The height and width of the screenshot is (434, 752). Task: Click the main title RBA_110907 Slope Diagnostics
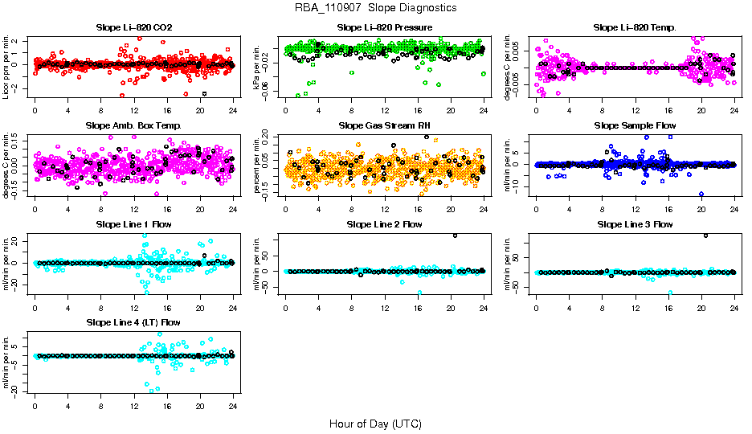pos(376,7)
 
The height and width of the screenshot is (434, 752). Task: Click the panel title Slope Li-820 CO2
pos(133,27)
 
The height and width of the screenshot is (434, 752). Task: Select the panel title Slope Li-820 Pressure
pos(385,27)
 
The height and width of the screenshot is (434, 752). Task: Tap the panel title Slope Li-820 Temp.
pos(635,27)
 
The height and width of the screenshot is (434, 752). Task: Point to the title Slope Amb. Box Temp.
pos(133,125)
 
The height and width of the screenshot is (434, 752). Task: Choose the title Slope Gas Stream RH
pos(385,125)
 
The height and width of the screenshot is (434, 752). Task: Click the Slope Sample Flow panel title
pos(635,125)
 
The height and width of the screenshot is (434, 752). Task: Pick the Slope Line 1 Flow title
pos(133,224)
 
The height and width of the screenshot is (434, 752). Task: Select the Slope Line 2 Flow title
pos(385,224)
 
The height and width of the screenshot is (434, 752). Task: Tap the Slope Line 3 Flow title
pos(635,224)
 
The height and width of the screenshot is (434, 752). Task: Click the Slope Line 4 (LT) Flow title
pos(133,322)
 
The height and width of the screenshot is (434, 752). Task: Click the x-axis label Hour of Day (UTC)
pos(375,424)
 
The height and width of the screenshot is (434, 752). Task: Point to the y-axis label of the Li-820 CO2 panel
pos(6,66)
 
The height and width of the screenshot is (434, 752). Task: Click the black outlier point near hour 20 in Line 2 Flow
pos(456,235)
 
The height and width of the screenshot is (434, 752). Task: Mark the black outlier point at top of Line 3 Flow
pos(706,235)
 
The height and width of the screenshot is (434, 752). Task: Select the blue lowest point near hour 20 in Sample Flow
pos(701,194)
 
